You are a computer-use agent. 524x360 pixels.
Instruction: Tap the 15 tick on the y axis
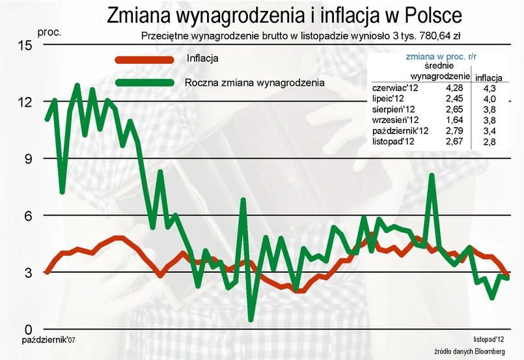point(24,45)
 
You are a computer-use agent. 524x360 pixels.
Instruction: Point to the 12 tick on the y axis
point(24,102)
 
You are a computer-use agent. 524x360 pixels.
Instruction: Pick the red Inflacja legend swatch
point(145,59)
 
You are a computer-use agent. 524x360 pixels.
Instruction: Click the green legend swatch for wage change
point(145,83)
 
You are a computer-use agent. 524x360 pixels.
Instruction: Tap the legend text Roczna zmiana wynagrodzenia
point(254,83)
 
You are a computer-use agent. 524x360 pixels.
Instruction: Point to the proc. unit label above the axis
point(49,32)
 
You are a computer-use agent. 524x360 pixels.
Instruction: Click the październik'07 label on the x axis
point(48,340)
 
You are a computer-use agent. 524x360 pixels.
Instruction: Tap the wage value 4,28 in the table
point(454,87)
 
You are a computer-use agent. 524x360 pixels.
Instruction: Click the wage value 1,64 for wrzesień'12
point(454,119)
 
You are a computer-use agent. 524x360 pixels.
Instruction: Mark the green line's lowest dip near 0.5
point(251,318)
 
